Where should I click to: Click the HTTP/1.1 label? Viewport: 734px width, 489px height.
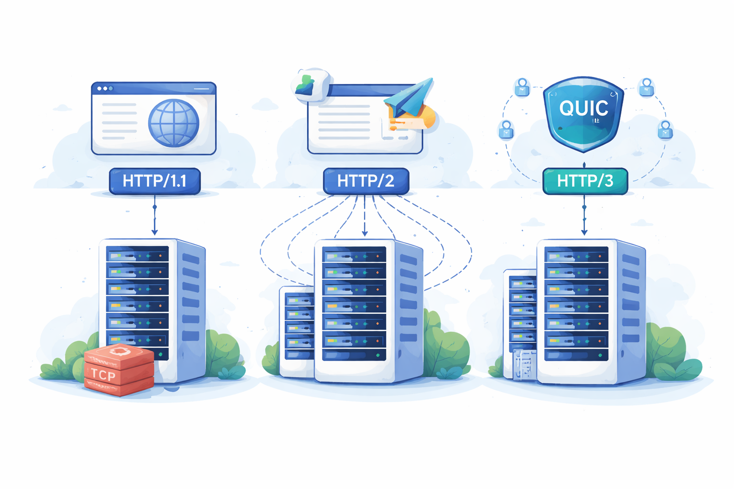click(154, 181)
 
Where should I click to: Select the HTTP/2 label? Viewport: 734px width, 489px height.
click(366, 181)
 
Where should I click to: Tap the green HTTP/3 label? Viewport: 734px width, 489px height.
click(585, 181)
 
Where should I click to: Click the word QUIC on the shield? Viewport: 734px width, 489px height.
click(583, 108)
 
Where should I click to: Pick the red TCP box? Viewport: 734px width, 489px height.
click(119, 370)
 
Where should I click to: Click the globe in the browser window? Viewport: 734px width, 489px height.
click(173, 123)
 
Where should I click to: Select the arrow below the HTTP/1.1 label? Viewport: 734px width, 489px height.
click(154, 220)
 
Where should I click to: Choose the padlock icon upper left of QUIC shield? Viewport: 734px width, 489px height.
click(522, 87)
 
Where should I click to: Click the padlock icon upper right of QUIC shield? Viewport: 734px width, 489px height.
click(647, 87)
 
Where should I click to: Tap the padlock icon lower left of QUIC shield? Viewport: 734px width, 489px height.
click(506, 129)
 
